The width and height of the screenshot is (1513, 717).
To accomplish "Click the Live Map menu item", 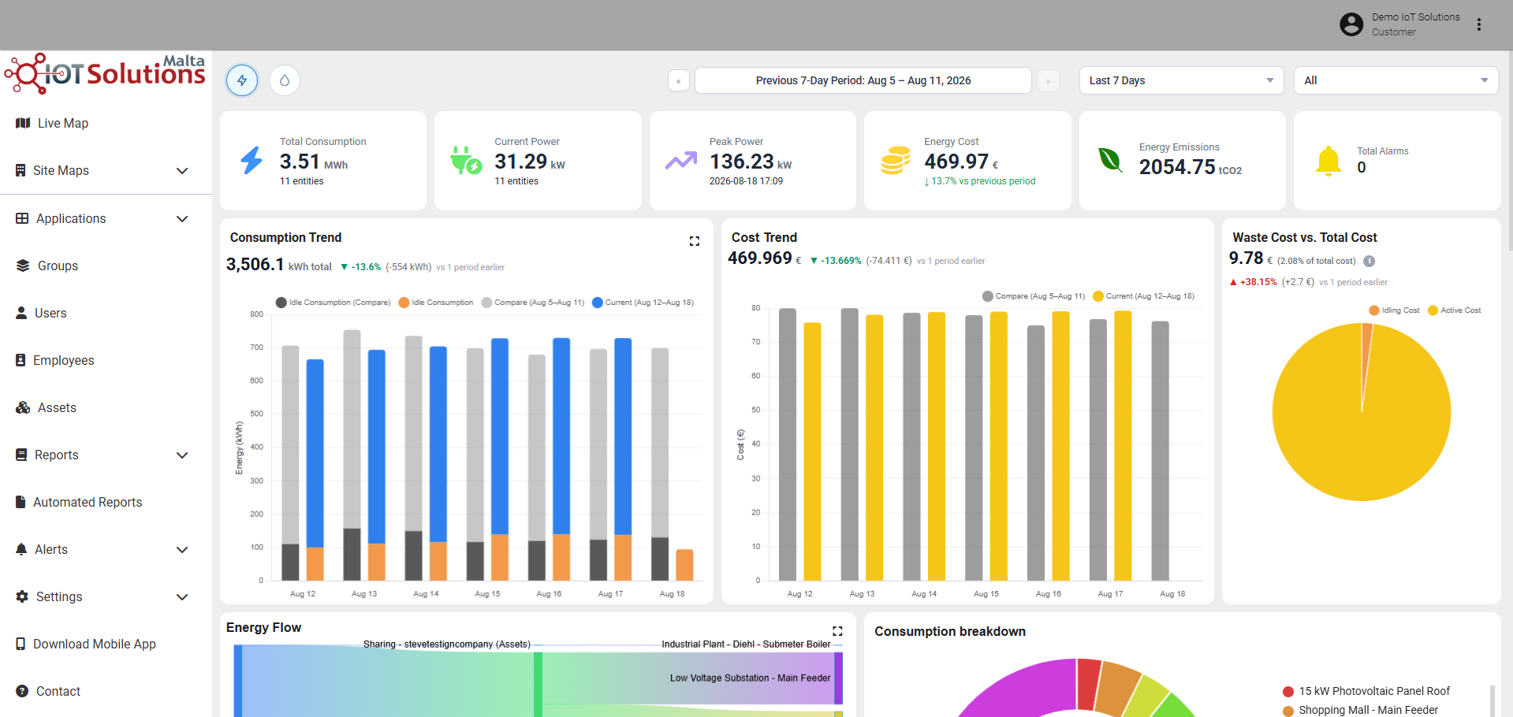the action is [x=52, y=123].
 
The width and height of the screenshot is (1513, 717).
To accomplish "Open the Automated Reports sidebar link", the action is [x=79, y=502].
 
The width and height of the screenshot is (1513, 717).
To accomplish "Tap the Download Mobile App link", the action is [x=86, y=644].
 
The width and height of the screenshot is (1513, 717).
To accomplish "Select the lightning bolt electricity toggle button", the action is [x=242, y=80].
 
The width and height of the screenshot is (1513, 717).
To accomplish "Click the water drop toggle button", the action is [x=285, y=80].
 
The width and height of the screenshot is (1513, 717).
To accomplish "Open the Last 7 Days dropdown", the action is [x=1181, y=80].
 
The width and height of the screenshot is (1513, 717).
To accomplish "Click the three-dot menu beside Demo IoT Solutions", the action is [x=1479, y=24].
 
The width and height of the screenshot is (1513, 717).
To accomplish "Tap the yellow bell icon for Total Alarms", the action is [x=1329, y=161].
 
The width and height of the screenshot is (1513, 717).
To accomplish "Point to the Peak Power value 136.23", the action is [x=741, y=162].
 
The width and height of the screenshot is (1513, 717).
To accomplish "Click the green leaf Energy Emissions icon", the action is [x=1110, y=160].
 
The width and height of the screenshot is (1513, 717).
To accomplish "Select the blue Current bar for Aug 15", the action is [x=500, y=436].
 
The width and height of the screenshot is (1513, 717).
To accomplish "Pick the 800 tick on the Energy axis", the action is [x=257, y=314].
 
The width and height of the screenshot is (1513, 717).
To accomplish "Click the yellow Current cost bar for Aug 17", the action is [x=1123, y=445].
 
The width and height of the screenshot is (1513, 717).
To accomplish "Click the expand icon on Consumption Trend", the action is [x=695, y=241].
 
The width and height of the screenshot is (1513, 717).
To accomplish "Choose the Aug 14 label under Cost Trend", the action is [x=924, y=594].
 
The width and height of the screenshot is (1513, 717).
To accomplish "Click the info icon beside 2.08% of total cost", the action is [x=1370, y=261].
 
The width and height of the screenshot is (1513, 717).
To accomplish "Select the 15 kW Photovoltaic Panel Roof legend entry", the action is [x=1366, y=691].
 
